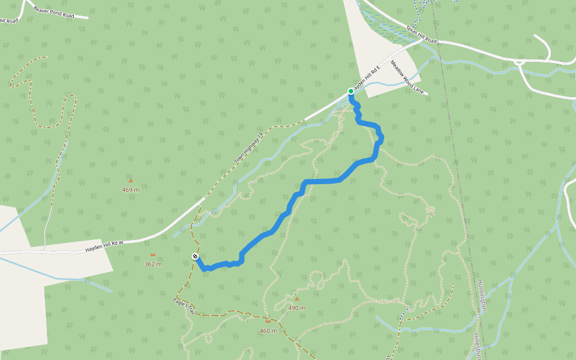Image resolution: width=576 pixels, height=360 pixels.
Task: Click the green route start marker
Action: coord(351,91)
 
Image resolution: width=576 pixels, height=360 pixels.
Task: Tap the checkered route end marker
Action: coord(195,257)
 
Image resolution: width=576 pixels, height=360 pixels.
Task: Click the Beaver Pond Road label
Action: coord(54,12)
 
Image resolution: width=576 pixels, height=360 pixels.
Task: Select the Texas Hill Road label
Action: coord(421,35)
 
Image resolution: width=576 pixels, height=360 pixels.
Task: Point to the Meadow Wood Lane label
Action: coord(407,77)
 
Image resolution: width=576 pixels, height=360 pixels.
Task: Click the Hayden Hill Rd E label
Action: coord(366,79)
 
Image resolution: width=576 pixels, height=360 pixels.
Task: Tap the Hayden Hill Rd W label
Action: coord(104,246)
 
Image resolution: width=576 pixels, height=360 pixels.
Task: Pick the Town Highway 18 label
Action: coord(249,149)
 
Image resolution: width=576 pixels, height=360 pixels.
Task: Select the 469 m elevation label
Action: coord(130,190)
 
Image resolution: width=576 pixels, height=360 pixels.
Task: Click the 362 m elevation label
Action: coord(153,264)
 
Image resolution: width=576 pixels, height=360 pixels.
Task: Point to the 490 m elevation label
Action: coord(296,308)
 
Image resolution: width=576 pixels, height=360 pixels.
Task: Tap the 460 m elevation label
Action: coord(268,331)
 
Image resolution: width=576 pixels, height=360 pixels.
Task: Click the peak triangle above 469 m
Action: coord(130,179)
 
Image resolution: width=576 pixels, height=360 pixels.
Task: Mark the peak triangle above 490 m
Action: coord(296,298)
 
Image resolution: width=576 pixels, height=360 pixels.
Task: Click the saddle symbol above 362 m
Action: coord(153,254)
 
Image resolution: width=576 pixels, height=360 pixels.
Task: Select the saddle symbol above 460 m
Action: coord(268,321)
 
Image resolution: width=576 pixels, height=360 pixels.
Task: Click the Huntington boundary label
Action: coord(481,295)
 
